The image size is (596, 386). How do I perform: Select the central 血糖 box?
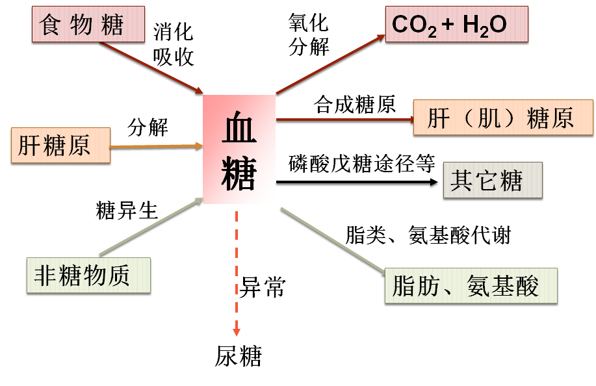click(x=239, y=149)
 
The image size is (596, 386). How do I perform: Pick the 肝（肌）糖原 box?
click(x=502, y=118)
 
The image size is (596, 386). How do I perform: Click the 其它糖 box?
click(x=492, y=180)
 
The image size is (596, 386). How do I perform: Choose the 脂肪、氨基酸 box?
click(x=471, y=286)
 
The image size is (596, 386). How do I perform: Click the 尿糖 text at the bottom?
click(x=238, y=356)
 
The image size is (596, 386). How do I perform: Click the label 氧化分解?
click(x=309, y=35)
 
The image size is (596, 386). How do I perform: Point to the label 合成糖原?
click(x=355, y=105)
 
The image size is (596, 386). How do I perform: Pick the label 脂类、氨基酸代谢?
click(x=428, y=235)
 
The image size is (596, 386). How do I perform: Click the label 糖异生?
click(x=127, y=210)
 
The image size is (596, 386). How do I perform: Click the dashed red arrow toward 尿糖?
click(x=237, y=273)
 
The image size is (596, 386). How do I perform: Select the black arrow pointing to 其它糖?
click(x=357, y=183)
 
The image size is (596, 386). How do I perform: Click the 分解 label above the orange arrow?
click(x=148, y=127)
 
